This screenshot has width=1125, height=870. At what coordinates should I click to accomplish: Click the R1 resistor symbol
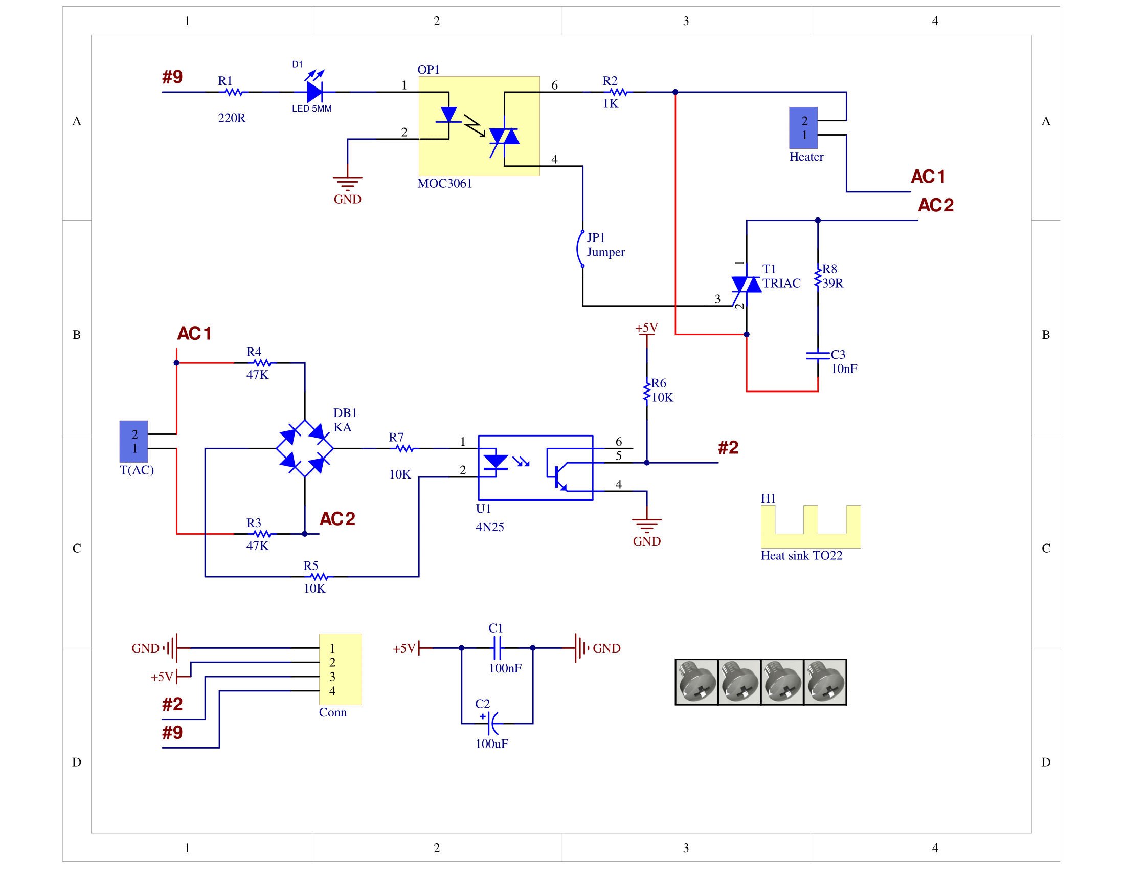[x=234, y=92]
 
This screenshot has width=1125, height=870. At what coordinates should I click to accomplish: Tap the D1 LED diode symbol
[x=314, y=92]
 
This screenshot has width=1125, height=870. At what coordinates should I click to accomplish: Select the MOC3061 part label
[x=444, y=184]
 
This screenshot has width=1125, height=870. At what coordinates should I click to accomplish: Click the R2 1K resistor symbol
[x=618, y=92]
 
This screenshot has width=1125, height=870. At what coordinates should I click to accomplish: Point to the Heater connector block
[x=803, y=128]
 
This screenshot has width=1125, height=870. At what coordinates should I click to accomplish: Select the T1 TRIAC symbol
[x=746, y=285]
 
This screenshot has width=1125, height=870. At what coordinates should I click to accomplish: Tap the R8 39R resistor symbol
[x=818, y=277]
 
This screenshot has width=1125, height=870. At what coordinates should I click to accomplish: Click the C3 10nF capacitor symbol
[x=818, y=355]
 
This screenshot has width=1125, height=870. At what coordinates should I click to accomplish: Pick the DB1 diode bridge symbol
[x=304, y=448]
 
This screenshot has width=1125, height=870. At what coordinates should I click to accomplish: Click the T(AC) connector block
[x=133, y=441]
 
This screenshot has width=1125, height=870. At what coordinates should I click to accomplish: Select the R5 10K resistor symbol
[x=319, y=577]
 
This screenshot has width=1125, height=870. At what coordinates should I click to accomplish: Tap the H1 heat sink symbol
[x=811, y=527]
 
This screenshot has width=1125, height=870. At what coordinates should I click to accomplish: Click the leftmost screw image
[x=696, y=682]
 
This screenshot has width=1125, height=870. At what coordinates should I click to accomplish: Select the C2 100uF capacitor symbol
[x=493, y=724]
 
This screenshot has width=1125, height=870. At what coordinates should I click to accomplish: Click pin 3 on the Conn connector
[x=332, y=677]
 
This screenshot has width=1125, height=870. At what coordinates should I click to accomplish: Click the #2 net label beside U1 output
[x=728, y=447]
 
